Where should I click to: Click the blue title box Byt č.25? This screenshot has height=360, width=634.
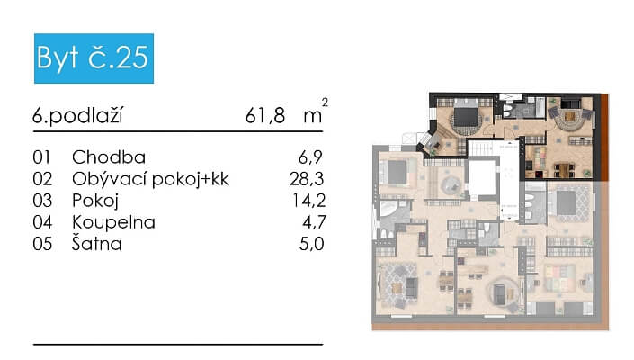[94, 59]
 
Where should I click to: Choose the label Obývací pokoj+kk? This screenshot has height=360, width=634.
[150, 179]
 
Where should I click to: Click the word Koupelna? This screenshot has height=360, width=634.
[113, 221]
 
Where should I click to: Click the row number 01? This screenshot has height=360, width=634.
[42, 157]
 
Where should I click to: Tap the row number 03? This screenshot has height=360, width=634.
[42, 200]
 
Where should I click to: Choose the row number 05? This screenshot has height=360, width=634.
[42, 243]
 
